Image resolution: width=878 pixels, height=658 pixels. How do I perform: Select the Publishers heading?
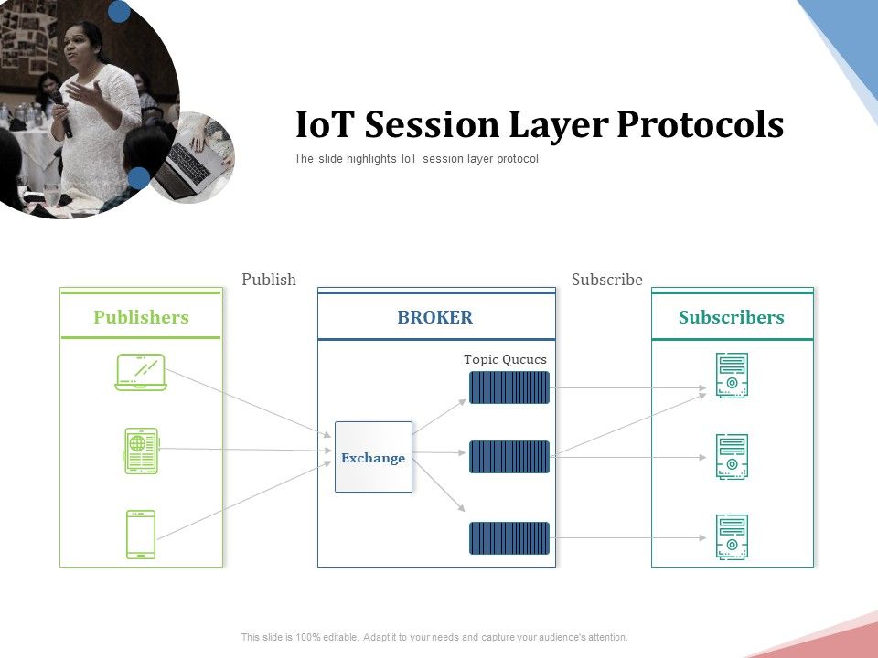click(141, 317)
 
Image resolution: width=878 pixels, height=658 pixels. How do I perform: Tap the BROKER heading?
click(435, 317)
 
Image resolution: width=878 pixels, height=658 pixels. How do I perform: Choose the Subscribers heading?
click(732, 317)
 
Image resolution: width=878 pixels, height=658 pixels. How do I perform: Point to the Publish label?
click(269, 280)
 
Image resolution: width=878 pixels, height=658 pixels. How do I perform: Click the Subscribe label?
click(607, 280)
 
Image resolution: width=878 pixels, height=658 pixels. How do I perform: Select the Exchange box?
click(373, 457)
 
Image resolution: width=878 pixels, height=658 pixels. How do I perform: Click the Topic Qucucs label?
click(505, 359)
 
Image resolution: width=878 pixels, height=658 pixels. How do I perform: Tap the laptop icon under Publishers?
click(141, 372)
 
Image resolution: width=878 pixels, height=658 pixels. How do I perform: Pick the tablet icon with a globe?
click(141, 451)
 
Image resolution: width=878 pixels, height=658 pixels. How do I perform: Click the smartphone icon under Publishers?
click(141, 535)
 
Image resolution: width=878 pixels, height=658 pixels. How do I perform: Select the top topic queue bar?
click(509, 387)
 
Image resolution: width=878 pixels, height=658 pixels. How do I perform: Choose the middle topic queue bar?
click(509, 457)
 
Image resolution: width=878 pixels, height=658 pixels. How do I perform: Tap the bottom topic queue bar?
click(509, 538)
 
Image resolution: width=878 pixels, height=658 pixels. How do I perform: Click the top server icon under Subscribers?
click(732, 376)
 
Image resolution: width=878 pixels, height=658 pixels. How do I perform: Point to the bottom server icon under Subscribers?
click(732, 537)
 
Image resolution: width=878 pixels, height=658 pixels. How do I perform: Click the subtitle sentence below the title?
click(416, 159)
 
